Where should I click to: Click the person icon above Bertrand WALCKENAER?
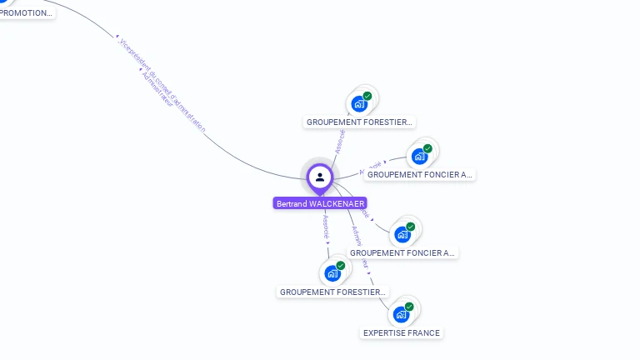[320, 177]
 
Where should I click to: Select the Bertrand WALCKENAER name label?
[320, 203]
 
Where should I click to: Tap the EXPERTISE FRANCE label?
[401, 332]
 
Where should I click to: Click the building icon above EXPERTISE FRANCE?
[402, 314]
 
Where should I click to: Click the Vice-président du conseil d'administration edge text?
[162, 84]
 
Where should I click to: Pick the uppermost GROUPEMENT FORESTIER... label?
[359, 122]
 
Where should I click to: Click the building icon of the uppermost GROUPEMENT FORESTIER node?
[359, 103]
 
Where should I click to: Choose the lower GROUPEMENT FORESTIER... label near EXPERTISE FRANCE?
[333, 292]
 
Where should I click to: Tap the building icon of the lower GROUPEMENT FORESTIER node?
[332, 273]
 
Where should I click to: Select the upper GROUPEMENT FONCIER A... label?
[420, 175]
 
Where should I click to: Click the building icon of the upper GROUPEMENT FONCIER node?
[419, 156]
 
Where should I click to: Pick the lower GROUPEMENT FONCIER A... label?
[402, 252]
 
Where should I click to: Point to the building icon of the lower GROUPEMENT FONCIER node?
[402, 234]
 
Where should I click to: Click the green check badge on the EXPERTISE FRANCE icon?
[409, 307]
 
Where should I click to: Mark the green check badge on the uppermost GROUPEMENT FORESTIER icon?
[367, 96]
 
